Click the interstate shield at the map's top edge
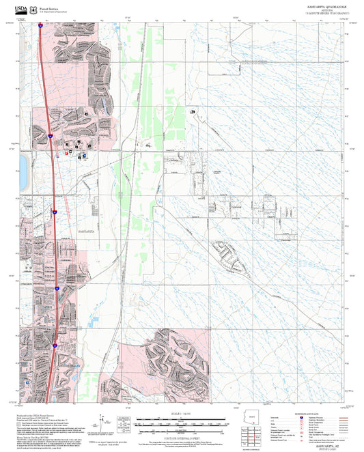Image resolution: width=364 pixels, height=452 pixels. click(x=42, y=26)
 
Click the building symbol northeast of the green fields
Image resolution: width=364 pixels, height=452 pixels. click(x=192, y=111)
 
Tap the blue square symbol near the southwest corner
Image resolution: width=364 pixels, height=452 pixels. click(x=27, y=383)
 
